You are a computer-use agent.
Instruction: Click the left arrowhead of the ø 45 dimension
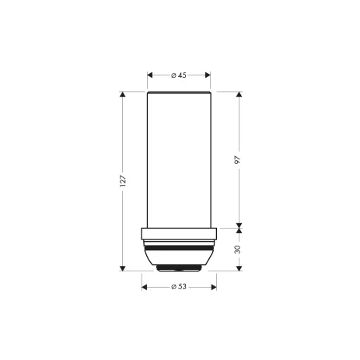pos(150,75)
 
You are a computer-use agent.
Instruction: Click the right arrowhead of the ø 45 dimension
pos(208,75)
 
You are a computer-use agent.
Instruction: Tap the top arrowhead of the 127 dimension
pos(123,94)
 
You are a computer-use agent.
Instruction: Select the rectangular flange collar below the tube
pos(180,234)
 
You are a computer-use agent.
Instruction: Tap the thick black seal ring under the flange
pos(180,248)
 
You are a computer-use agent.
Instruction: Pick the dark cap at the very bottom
pos(180,267)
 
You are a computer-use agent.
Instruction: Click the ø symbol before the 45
pos(173,75)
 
